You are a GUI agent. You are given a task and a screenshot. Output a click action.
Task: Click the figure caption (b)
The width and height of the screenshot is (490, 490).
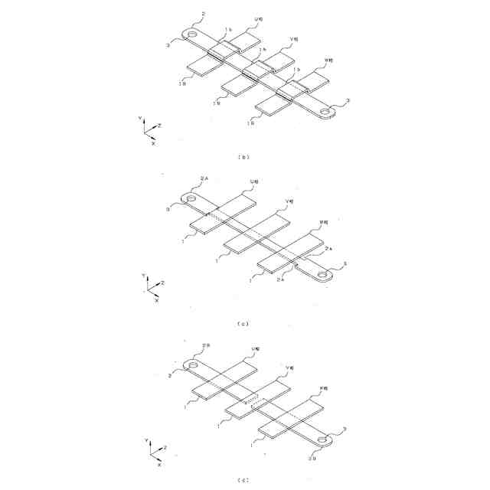244,157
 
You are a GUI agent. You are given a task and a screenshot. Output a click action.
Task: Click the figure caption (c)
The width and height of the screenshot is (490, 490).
244,324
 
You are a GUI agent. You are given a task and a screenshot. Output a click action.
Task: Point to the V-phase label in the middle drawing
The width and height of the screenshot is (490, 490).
289,201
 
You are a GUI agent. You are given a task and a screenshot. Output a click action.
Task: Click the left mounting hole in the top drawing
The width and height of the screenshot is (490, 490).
191,34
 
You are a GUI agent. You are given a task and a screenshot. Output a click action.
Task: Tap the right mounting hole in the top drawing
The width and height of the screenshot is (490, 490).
326,113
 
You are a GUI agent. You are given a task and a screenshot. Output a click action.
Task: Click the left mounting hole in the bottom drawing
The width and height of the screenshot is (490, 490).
192,364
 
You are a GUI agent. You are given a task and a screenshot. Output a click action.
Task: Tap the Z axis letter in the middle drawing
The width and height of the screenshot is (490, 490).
163,283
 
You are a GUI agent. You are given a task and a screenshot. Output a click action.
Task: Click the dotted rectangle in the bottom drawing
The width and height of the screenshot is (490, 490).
252,401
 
